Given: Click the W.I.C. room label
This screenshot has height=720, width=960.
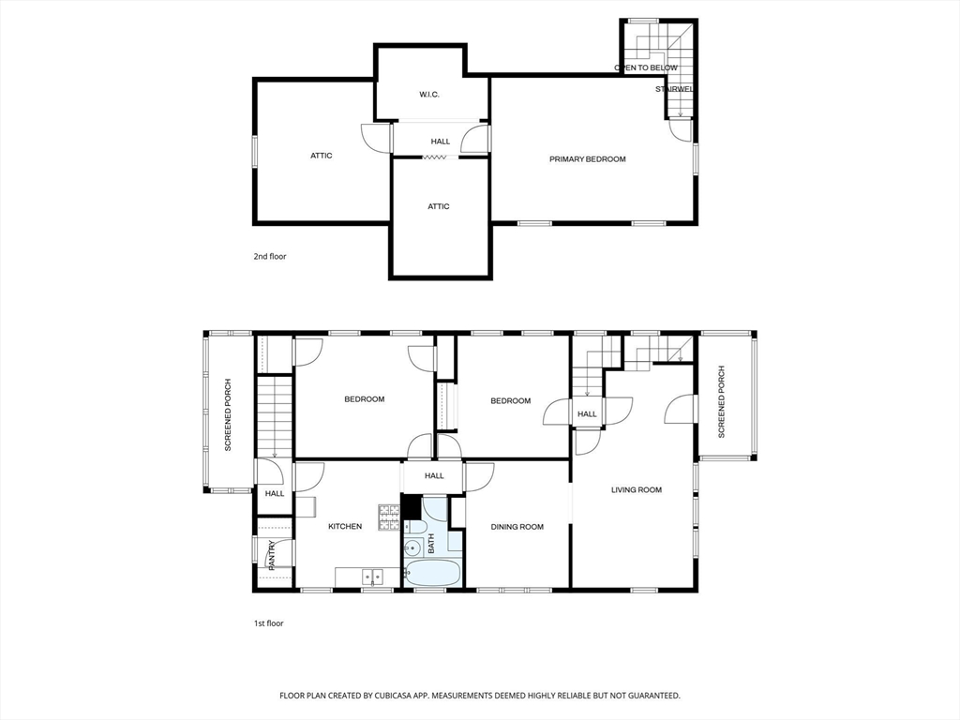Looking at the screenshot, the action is pos(429,95).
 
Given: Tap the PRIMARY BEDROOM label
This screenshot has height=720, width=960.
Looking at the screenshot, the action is pos(587,159).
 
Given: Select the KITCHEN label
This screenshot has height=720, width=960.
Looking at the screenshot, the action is pos(345,527).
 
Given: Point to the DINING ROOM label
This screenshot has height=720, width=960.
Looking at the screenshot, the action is pos(517,527).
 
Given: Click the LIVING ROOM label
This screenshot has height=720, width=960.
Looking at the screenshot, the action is pos(637,489).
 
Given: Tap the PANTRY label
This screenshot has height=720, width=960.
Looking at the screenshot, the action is pos(271,553).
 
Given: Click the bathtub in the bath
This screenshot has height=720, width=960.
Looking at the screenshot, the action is pos(431,574).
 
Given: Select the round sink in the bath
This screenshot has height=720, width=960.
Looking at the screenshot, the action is pos(412,547).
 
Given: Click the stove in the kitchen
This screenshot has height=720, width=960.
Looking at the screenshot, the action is pos(389,517).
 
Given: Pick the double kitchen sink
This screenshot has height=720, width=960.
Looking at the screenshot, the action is pos(373,577).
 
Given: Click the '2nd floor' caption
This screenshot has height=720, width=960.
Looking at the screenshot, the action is pos(270,257).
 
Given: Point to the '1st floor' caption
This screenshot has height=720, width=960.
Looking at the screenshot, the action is pos(269,623).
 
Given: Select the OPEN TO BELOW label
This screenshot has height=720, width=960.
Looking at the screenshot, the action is pos(646,67).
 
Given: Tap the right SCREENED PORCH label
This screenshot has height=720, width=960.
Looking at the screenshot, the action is pos(721,401).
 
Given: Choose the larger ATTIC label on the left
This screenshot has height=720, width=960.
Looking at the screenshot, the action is pos(321,156).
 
